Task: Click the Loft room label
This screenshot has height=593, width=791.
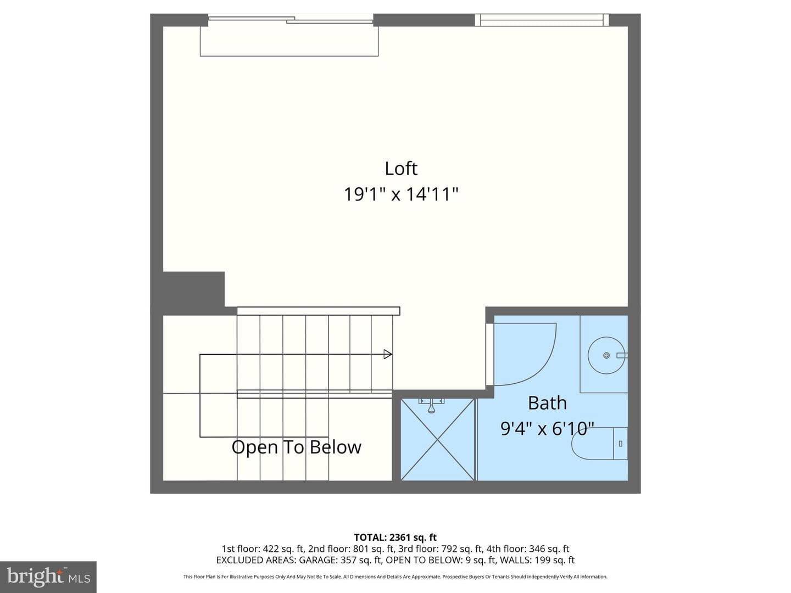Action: (401, 169)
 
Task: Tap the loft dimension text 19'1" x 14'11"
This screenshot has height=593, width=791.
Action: (401, 194)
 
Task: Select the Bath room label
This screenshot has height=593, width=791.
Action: (547, 403)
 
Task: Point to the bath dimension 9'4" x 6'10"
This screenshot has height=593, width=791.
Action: (547, 429)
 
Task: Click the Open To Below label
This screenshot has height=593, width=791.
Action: (296, 447)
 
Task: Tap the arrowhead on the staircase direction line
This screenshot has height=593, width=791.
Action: (388, 354)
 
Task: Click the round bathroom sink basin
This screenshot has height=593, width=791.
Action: (606, 355)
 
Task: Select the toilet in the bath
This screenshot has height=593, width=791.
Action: (599, 444)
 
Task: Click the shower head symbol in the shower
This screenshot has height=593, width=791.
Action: (431, 406)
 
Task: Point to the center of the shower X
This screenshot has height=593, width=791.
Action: (437, 440)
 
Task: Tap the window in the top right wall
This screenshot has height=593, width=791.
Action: (542, 20)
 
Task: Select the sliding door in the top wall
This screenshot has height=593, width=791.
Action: (291, 19)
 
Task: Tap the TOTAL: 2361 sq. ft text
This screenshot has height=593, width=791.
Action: (396, 538)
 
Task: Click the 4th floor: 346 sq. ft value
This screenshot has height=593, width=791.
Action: (527, 549)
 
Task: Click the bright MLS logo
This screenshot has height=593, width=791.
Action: (48, 577)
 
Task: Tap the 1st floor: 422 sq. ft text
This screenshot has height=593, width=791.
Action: (263, 549)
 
